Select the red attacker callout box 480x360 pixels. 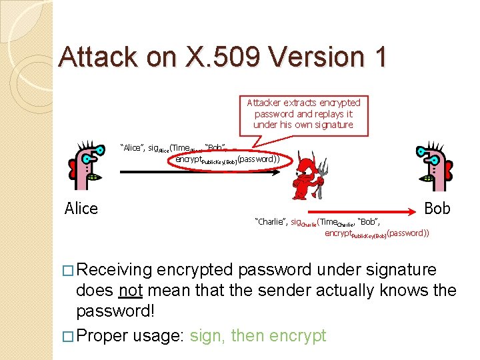click(x=303, y=114)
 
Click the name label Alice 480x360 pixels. click(x=81, y=209)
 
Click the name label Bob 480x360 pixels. click(x=437, y=209)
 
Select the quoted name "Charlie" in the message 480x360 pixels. click(x=270, y=221)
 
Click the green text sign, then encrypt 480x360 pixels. click(x=258, y=335)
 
